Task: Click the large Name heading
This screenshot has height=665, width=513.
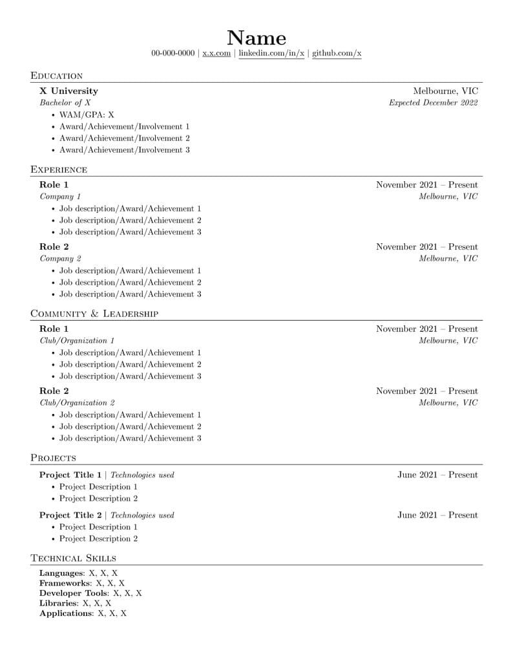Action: (x=256, y=38)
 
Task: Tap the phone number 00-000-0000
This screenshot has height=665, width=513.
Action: (x=173, y=53)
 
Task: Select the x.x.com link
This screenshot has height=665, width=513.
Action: (x=216, y=53)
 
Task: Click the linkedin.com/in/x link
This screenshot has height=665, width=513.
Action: (x=271, y=53)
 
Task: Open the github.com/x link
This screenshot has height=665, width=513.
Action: (x=337, y=53)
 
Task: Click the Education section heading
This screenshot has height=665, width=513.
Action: (x=57, y=76)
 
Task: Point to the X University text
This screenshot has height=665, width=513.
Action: (x=68, y=91)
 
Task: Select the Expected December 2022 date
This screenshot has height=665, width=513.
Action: (x=433, y=103)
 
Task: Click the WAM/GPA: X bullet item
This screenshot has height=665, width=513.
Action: (x=87, y=115)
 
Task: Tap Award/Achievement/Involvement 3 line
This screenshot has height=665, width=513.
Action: (x=125, y=150)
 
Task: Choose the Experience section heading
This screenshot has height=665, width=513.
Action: (x=59, y=169)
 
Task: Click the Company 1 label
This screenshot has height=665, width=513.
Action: (x=61, y=197)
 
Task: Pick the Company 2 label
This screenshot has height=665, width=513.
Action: (x=61, y=259)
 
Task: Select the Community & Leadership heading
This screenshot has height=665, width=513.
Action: (x=94, y=314)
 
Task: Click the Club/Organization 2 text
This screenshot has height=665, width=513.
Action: (x=78, y=403)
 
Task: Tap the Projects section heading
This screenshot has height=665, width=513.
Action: (x=53, y=458)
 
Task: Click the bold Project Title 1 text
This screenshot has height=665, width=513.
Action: (x=70, y=475)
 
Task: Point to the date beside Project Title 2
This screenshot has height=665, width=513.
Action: (x=437, y=516)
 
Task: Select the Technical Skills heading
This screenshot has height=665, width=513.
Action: (x=74, y=558)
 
